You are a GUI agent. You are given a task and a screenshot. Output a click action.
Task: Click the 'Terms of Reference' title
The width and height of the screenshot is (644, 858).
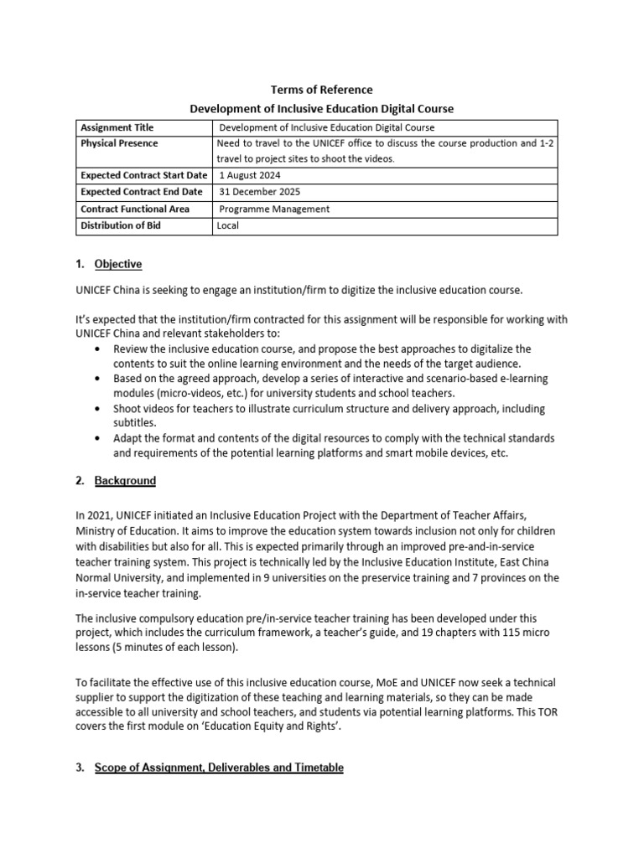point(322,90)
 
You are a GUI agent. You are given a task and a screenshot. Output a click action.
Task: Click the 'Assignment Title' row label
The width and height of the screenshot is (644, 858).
point(117,127)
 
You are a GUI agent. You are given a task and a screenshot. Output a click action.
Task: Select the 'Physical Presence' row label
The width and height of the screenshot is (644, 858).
point(119,143)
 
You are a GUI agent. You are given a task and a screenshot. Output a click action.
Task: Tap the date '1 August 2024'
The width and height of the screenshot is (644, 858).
point(250,176)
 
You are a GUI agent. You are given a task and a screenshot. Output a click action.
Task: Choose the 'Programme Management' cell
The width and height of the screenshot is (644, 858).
point(274,209)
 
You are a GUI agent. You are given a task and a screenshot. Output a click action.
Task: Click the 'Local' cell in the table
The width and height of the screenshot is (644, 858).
point(229,225)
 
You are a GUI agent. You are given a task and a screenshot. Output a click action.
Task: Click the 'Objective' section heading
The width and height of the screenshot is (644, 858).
point(118,264)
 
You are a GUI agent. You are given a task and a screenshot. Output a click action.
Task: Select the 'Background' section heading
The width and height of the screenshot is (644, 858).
point(125,481)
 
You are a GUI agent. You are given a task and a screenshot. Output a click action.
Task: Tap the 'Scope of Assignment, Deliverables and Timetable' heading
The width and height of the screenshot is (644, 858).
point(219,767)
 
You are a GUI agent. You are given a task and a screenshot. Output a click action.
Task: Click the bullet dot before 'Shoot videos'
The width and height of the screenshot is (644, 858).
point(101,409)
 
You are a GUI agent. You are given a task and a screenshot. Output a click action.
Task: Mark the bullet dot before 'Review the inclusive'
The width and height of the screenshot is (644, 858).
point(101,349)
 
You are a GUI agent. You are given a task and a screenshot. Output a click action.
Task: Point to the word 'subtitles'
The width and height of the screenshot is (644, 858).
point(135,423)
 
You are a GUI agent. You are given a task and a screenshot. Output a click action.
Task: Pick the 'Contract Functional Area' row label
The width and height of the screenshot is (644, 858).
point(135,209)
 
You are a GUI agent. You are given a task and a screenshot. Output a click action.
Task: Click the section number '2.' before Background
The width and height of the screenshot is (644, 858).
point(80,481)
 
